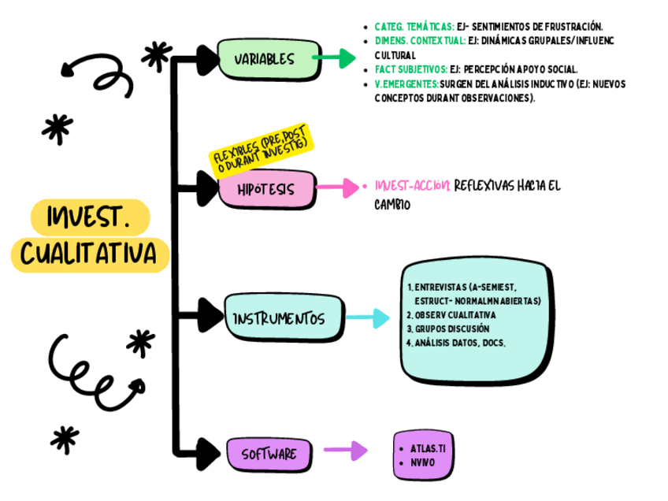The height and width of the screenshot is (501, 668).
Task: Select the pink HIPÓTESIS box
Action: [x=265, y=190]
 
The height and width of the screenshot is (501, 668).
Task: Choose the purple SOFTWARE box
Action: [x=269, y=454]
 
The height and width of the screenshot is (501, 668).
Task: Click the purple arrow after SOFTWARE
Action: [x=346, y=451]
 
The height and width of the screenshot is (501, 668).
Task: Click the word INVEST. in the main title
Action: [x=88, y=217]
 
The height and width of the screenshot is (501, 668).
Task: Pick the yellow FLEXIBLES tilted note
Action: [x=261, y=149]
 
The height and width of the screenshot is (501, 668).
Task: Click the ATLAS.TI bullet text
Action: [x=428, y=447]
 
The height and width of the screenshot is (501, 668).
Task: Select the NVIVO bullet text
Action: [x=422, y=462]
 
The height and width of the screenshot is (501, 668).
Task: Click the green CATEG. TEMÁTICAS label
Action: [x=414, y=26]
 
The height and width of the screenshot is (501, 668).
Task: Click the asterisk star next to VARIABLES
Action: [x=156, y=56]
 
